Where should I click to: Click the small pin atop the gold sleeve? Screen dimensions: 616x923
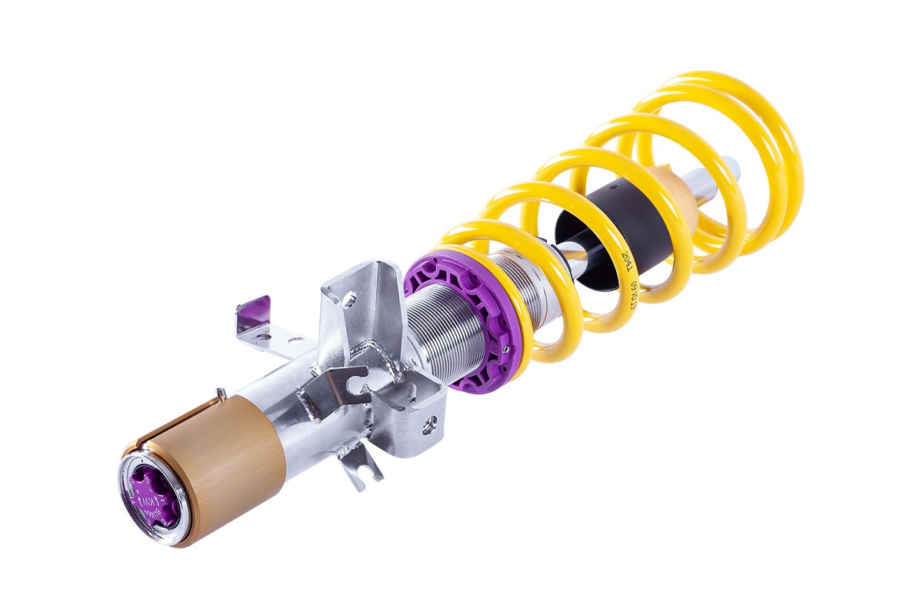tap(221, 395)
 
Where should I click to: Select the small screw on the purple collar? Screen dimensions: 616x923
tap(507, 343)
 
